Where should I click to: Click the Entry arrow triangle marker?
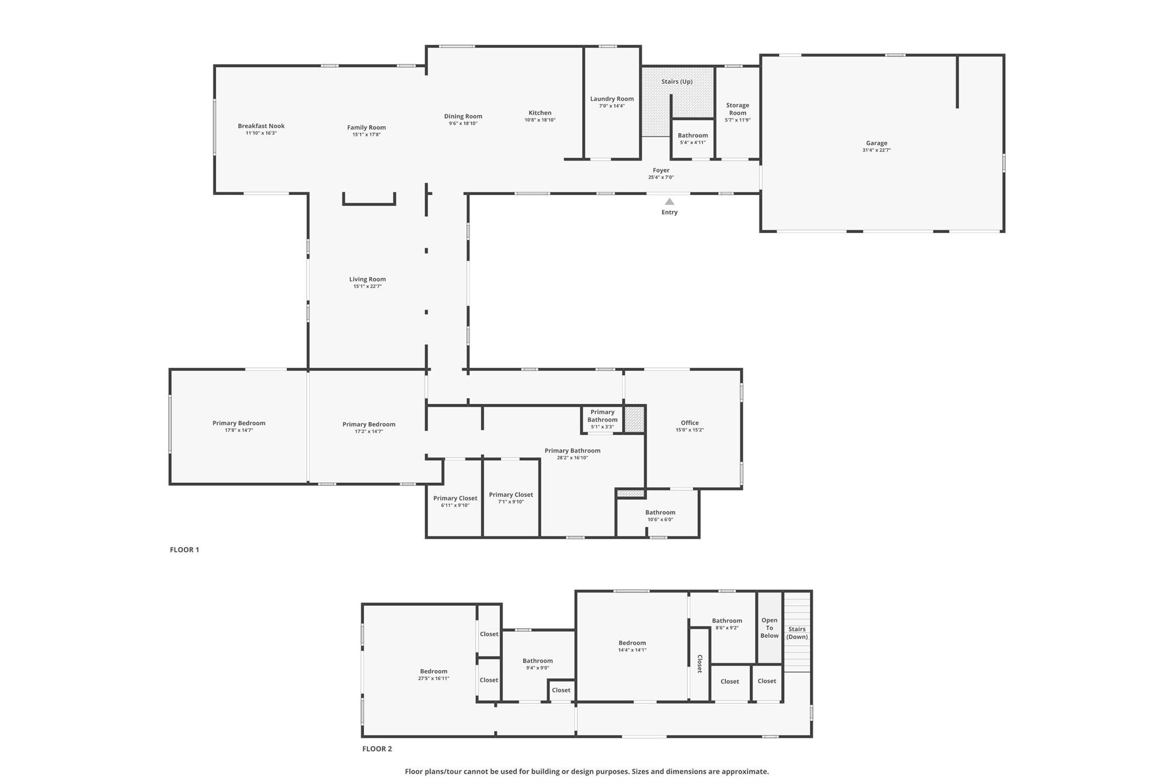click(669, 201)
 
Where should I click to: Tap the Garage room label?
click(876, 143)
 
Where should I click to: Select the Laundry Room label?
click(612, 99)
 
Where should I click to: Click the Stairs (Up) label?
click(676, 81)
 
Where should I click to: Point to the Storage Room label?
click(737, 109)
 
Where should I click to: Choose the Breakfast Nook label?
click(261, 126)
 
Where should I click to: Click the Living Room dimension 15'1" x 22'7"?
click(367, 286)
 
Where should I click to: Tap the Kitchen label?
click(539, 113)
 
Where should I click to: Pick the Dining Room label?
click(463, 116)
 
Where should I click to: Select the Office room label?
click(690, 423)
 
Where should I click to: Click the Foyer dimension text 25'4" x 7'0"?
click(661, 177)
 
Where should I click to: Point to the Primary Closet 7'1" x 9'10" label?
click(511, 494)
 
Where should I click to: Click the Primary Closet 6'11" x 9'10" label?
click(455, 498)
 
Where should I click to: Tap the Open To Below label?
click(769, 628)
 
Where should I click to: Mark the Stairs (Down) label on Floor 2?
click(797, 633)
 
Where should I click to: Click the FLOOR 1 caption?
click(184, 550)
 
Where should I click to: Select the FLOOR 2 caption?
click(377, 749)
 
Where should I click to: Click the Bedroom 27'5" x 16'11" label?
click(433, 671)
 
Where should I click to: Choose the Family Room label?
click(366, 127)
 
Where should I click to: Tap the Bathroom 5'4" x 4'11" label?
click(692, 135)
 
